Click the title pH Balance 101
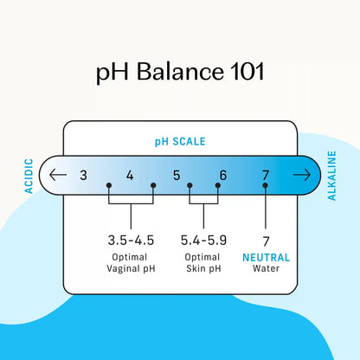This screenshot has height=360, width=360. pyautogui.click(x=180, y=72)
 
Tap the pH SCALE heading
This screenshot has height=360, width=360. pyautogui.click(x=180, y=142)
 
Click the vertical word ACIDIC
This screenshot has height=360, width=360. pyautogui.click(x=29, y=176)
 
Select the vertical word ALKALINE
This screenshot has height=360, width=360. pyautogui.click(x=331, y=176)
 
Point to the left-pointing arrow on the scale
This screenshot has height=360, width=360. pyautogui.click(x=58, y=175)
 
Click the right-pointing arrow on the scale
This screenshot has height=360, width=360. pyautogui.click(x=302, y=175)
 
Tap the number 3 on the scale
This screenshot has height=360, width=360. pyautogui.click(x=83, y=175)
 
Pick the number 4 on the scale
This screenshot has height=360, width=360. pyautogui.click(x=130, y=175)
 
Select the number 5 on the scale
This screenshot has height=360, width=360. pyautogui.click(x=177, y=175)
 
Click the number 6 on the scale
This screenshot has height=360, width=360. pyautogui.click(x=223, y=175)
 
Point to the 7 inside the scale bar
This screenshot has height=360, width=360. pyautogui.click(x=266, y=175)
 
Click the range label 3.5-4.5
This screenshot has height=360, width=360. pyautogui.click(x=131, y=241)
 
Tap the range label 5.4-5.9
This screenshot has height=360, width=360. pyautogui.click(x=203, y=241)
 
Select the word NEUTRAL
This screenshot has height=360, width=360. pyautogui.click(x=266, y=257)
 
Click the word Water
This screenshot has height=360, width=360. pyautogui.click(x=266, y=268)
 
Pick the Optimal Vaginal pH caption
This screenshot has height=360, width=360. pyautogui.click(x=131, y=263)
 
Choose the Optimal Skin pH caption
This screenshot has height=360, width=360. pyautogui.click(x=203, y=263)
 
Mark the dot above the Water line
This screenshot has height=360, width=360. pyautogui.click(x=266, y=185)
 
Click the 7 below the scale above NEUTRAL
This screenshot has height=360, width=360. pyautogui.click(x=266, y=241)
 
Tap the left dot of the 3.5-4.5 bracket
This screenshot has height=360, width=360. pyautogui.click(x=109, y=185)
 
